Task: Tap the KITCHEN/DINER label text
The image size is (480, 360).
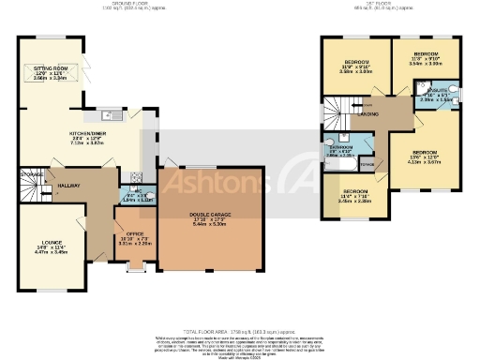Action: (x=88, y=134)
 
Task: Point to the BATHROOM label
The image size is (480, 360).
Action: (x=340, y=147)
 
